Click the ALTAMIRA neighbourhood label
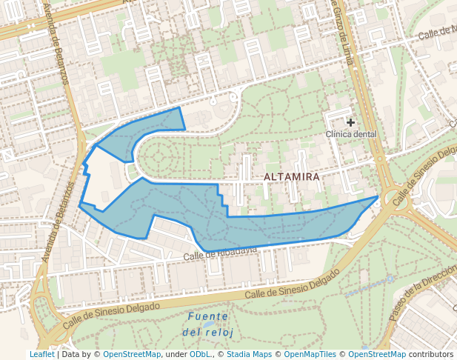point(292,177)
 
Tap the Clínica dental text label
point(351,134)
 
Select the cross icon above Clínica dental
point(350,122)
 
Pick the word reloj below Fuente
point(218,333)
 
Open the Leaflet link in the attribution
point(41,355)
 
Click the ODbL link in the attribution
point(200,355)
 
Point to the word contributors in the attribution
point(431,355)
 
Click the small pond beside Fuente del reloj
point(210,325)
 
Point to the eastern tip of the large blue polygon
point(377,197)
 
